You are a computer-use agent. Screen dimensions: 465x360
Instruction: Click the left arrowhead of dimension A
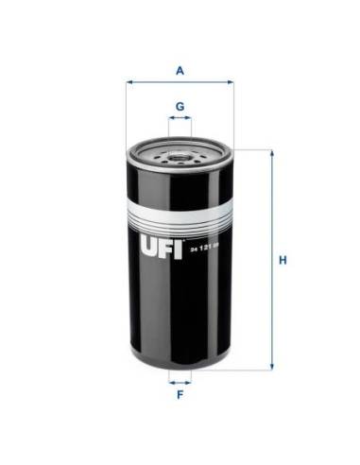pyautogui.click(x=129, y=82)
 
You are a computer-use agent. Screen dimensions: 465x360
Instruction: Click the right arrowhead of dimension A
pyautogui.click(x=230, y=82)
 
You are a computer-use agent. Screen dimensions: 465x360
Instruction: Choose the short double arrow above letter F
pyautogui.click(x=180, y=384)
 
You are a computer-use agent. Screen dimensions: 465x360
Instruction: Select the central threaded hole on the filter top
pyautogui.click(x=180, y=152)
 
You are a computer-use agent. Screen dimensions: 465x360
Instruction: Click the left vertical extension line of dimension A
pyautogui.click(x=126, y=113)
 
